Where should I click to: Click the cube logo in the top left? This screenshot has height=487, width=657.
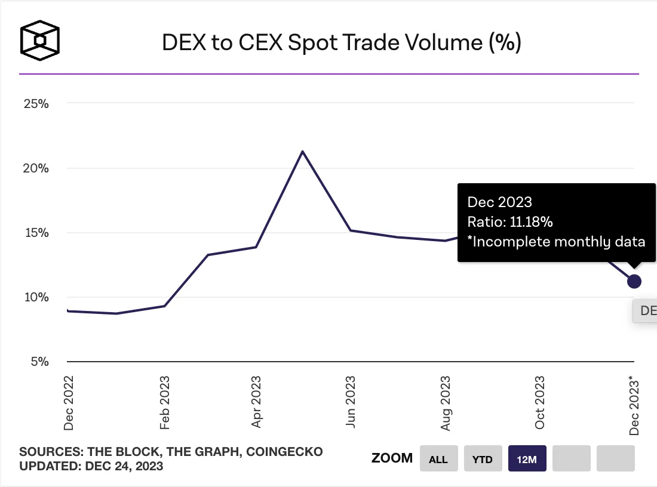point(40,41)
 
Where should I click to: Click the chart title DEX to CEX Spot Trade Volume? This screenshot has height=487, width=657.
point(342,43)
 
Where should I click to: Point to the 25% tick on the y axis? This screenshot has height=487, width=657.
point(36,104)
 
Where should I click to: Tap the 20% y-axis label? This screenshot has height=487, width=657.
point(36,168)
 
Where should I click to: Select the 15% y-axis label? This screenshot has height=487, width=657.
point(36,233)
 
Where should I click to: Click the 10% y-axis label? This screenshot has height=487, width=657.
point(36,297)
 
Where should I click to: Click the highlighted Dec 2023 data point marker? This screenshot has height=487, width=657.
point(634,281)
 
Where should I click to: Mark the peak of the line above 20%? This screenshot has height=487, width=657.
point(303,152)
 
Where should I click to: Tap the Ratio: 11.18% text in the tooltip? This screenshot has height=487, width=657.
point(510,222)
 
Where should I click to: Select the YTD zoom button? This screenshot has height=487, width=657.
point(483,459)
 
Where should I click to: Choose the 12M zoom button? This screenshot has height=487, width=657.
point(527,459)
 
